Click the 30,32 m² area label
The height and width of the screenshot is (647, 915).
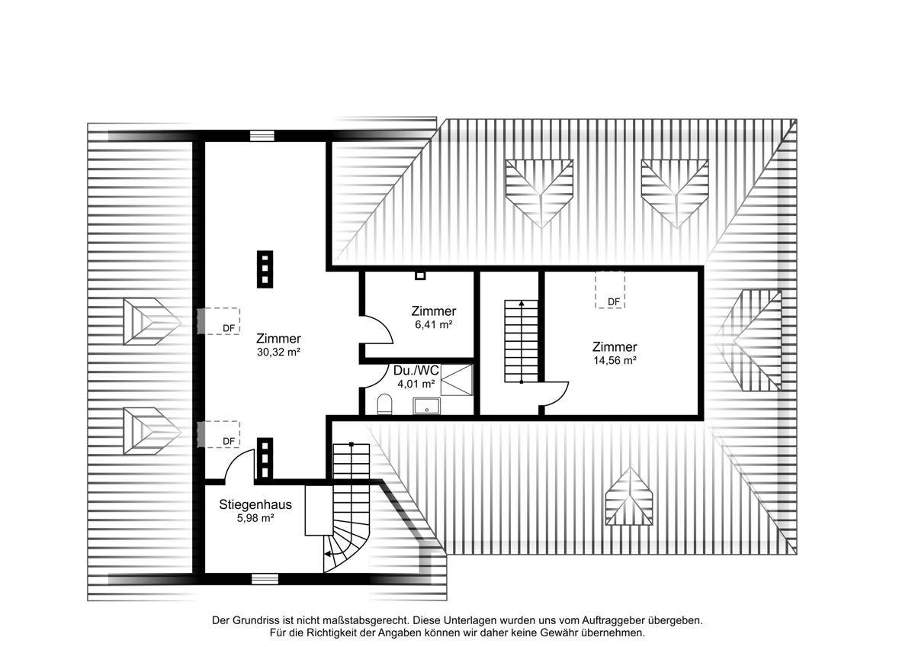click(x=278, y=352)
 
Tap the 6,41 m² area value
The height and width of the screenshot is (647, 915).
click(x=433, y=324)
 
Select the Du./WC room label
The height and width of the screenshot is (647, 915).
click(x=416, y=370)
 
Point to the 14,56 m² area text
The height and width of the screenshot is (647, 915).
click(x=615, y=360)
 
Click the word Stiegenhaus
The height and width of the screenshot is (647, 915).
click(x=255, y=504)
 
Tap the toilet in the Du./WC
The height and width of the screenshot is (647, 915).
click(x=384, y=404)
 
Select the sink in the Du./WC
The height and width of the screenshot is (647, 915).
click(x=426, y=406)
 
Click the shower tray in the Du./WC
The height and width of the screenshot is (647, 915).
click(x=456, y=380)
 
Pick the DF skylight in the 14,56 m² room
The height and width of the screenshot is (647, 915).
click(x=610, y=290)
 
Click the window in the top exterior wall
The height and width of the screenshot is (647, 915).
click(x=262, y=136)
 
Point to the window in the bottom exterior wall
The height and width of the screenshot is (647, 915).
click(x=265, y=579)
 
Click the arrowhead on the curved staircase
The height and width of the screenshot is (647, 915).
click(x=327, y=554)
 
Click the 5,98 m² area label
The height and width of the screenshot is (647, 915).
click(x=255, y=518)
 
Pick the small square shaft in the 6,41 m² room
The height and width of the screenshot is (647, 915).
click(x=420, y=275)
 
